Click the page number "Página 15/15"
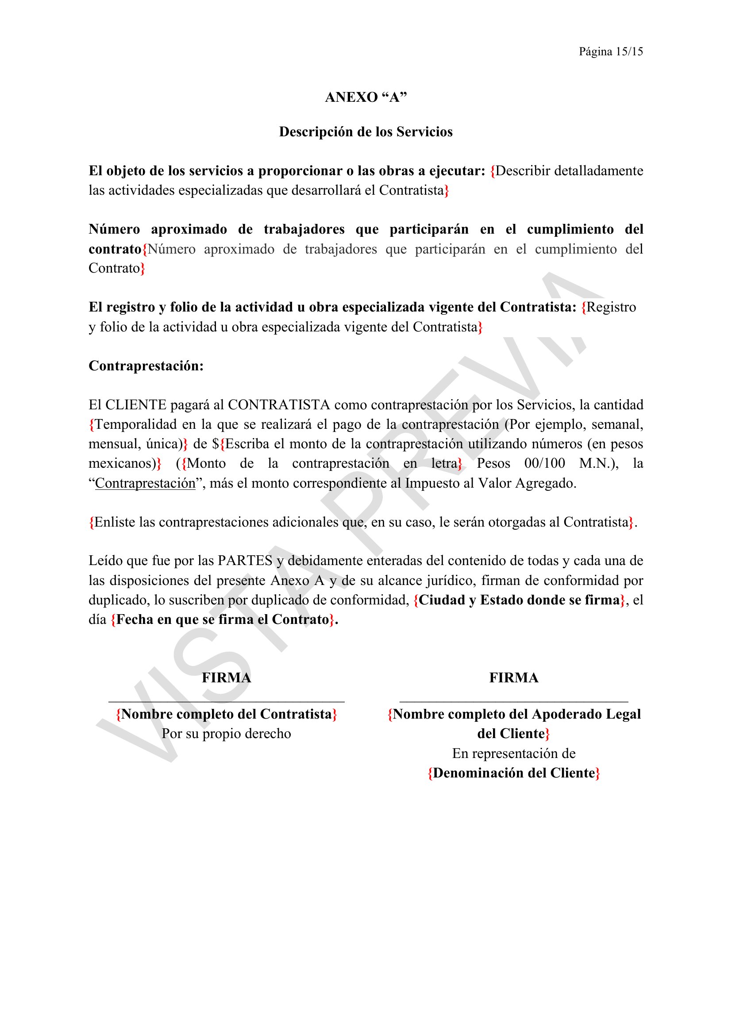click(x=611, y=52)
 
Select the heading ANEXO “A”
click(x=366, y=97)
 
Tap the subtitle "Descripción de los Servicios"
click(x=366, y=131)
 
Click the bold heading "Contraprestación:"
click(x=146, y=366)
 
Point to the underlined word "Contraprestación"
click(x=145, y=483)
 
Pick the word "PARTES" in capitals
click(x=245, y=561)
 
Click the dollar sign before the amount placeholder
click(x=216, y=444)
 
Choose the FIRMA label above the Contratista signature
click(x=226, y=678)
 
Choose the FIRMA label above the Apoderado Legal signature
click(x=514, y=678)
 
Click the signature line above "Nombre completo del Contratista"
click(x=226, y=701)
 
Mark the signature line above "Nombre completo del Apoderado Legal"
click(x=514, y=701)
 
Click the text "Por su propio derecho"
click(x=226, y=734)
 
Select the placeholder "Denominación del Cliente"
click(x=514, y=773)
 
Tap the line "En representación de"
click(x=514, y=754)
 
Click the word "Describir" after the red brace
click(x=522, y=171)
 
